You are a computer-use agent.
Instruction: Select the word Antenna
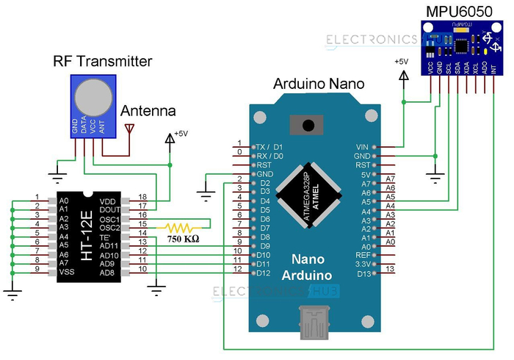click(148, 112)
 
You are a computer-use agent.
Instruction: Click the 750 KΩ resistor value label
click(184, 239)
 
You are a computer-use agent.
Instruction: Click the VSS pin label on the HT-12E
click(67, 273)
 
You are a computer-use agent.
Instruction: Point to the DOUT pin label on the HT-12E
click(109, 209)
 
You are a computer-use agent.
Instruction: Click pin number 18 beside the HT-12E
click(142, 197)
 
